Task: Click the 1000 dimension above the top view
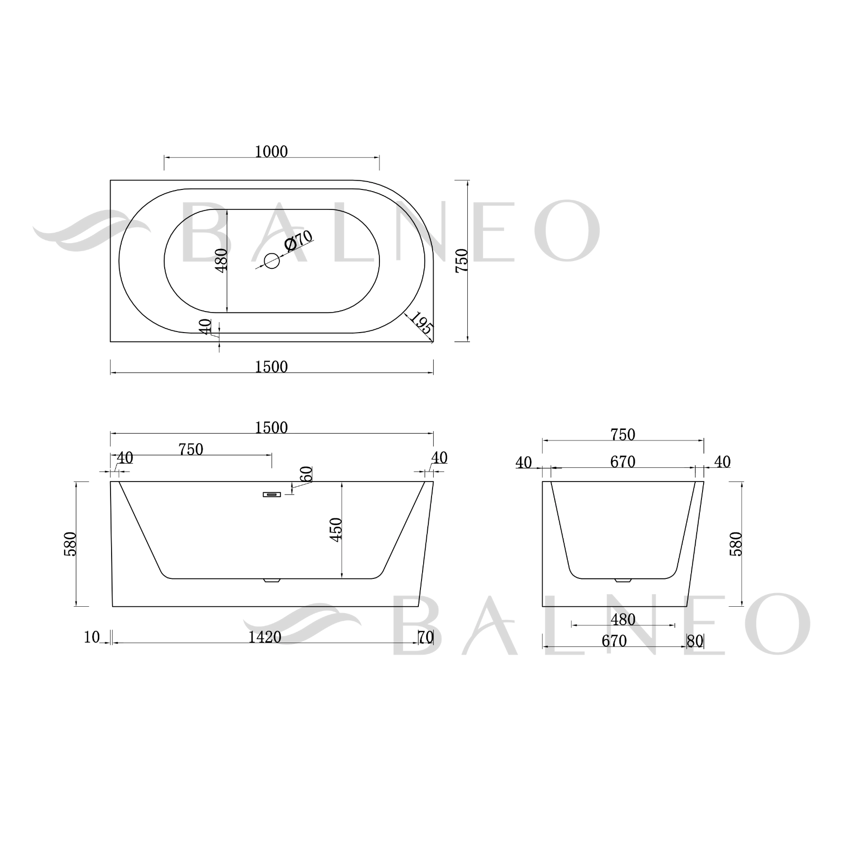click(x=272, y=152)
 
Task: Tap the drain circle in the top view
click(x=272, y=260)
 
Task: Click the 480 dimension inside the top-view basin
click(x=221, y=259)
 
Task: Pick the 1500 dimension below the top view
click(x=272, y=367)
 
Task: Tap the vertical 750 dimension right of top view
click(x=462, y=260)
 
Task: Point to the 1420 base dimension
click(x=265, y=637)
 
